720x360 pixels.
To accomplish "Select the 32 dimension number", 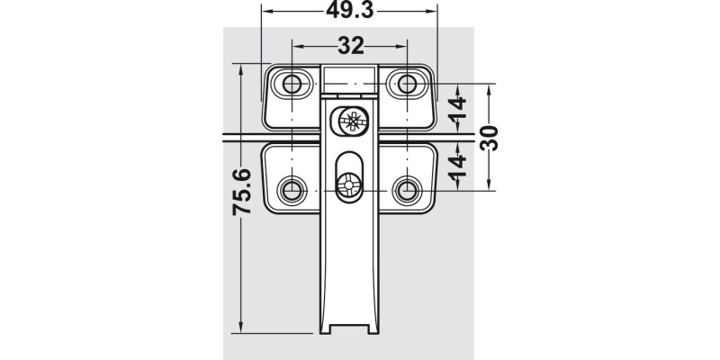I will (x=350, y=46).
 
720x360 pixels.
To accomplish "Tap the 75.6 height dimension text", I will (x=242, y=192).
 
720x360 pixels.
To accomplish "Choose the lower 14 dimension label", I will (x=458, y=165).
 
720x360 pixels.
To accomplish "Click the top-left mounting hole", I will (x=292, y=84).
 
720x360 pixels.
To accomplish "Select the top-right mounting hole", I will (x=408, y=84).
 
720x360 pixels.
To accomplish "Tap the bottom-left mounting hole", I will (x=292, y=190).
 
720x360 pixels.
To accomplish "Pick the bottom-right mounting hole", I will (x=408, y=190).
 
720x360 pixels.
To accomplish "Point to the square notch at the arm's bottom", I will (x=350, y=327).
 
